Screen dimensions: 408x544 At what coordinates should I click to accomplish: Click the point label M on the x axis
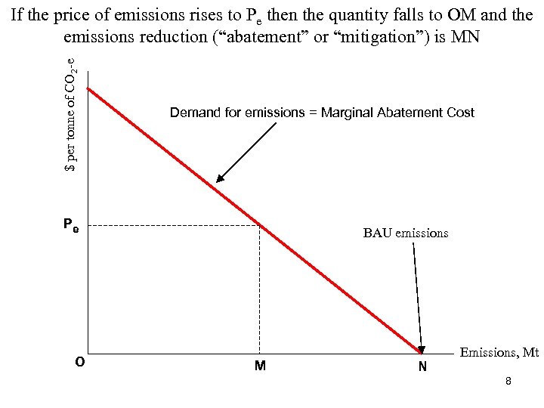pyautogui.click(x=260, y=366)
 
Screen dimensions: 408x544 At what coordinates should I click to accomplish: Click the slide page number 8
pyautogui.click(x=508, y=382)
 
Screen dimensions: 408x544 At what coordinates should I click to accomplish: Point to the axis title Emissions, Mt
pyautogui.click(x=499, y=352)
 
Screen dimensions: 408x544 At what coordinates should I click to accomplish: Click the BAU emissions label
pyautogui.click(x=405, y=233)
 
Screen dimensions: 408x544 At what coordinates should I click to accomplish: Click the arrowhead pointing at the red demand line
pyautogui.click(x=220, y=179)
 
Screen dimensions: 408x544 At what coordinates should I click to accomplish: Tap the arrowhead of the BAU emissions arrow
pyautogui.click(x=422, y=349)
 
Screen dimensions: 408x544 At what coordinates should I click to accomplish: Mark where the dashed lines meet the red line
pyautogui.click(x=259, y=225)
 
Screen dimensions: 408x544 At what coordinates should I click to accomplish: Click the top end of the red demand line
pyautogui.click(x=88, y=89)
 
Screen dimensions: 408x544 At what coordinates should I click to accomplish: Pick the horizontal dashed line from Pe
pyautogui.click(x=174, y=225)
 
